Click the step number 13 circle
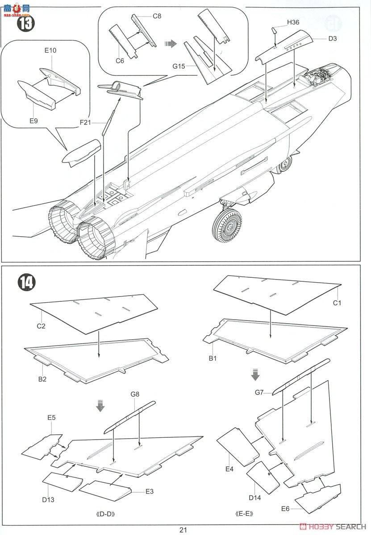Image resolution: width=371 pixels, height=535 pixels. coord(25,24)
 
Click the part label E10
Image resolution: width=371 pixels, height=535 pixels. coord(50,50)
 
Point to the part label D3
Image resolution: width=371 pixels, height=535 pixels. coord(332,38)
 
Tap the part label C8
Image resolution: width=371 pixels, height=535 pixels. coord(157,16)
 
